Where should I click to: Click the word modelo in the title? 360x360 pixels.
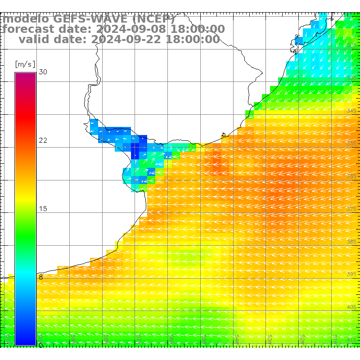[26, 19]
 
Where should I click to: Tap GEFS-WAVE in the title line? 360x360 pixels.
[90, 19]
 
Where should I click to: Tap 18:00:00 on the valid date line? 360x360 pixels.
[193, 39]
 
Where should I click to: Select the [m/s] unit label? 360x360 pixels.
[25, 64]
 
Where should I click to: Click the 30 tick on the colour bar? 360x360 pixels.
[43, 72]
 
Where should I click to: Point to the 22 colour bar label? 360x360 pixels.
[43, 140]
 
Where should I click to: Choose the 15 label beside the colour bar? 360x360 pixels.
[43, 209]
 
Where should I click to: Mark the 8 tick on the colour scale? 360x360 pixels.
[40, 277]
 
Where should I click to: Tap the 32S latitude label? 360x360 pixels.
[351, 45]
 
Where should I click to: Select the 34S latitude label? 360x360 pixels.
[351, 111]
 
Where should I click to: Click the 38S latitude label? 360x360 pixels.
[351, 242]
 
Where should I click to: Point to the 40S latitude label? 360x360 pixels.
[351, 307]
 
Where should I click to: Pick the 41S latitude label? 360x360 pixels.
[351, 340]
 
